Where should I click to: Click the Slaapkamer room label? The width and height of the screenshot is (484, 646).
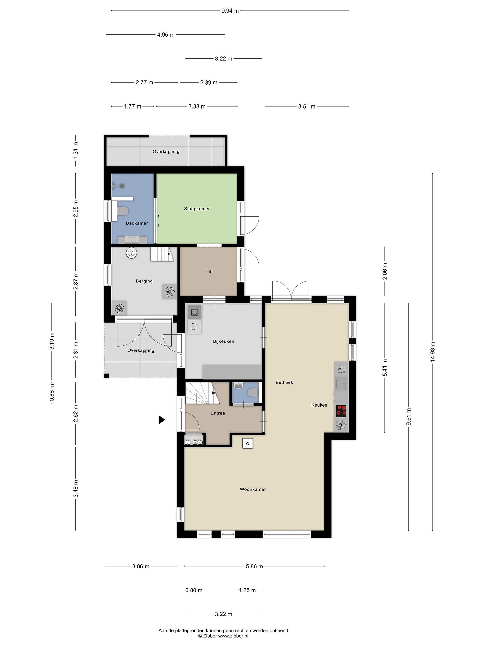point(197,209)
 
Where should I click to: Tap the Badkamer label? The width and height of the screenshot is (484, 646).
point(137,223)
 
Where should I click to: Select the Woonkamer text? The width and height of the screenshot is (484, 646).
point(253,489)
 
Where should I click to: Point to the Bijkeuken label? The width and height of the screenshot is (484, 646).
point(223,341)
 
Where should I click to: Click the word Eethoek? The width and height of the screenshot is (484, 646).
point(284,382)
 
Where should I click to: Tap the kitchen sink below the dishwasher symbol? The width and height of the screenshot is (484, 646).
point(341,384)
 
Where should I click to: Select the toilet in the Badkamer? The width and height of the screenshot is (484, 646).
point(122,211)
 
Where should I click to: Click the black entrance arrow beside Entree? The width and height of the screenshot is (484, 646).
point(162,420)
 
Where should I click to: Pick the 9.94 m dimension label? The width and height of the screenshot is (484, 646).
point(230,11)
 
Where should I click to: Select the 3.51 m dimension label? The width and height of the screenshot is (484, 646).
point(307,106)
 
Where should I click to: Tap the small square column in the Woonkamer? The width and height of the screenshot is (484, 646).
point(247,443)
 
